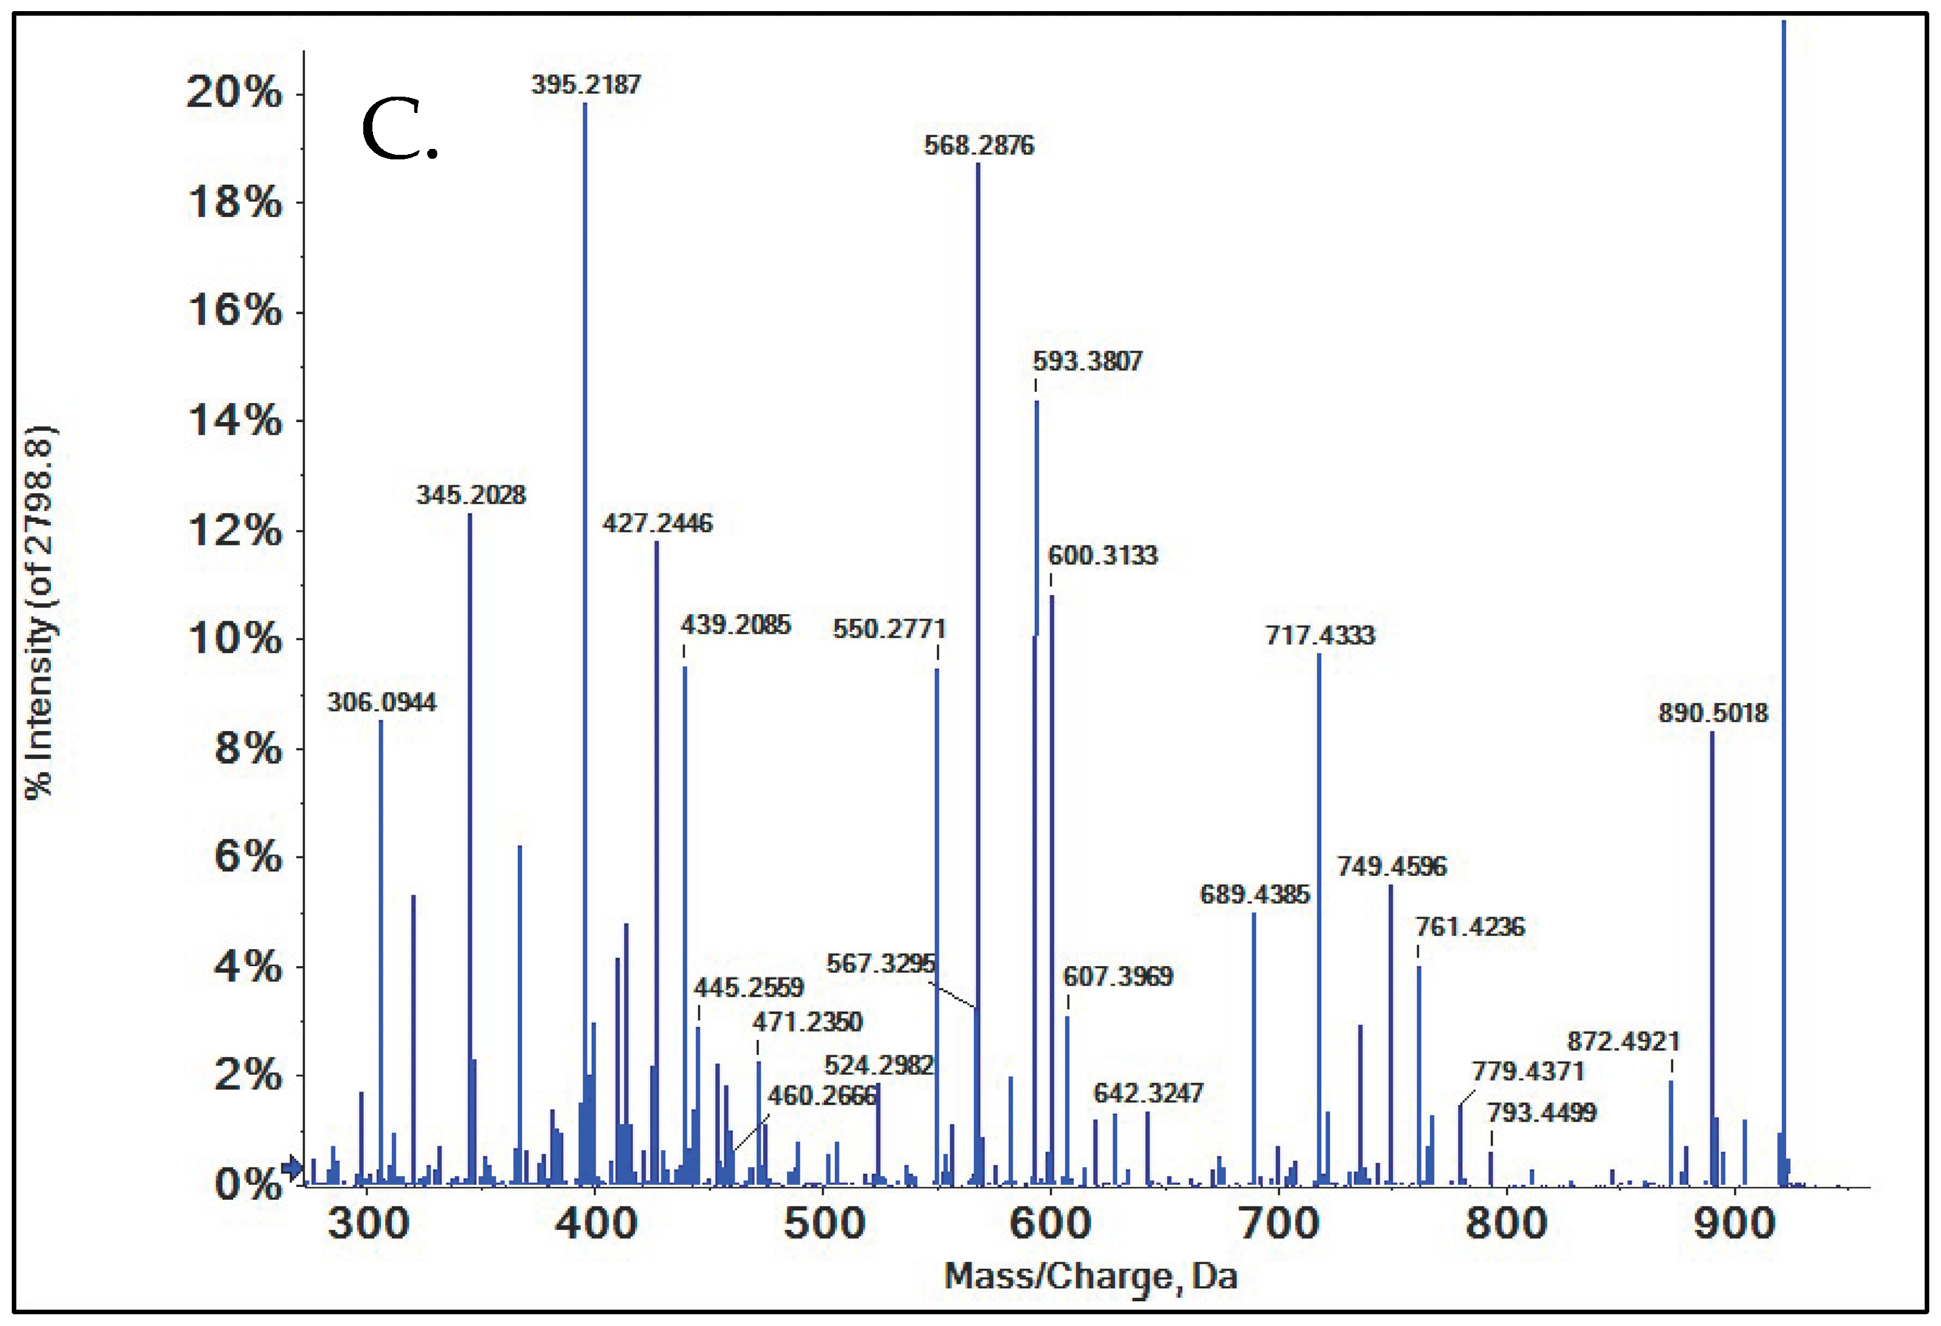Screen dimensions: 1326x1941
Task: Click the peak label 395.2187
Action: pyautogui.click(x=585, y=84)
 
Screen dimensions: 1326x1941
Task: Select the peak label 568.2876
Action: pyautogui.click(x=979, y=145)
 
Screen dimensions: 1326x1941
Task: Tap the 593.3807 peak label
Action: pyautogui.click(x=1087, y=362)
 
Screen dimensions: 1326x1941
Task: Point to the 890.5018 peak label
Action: pyautogui.click(x=1713, y=713)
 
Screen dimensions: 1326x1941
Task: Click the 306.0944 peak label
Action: pyautogui.click(x=382, y=702)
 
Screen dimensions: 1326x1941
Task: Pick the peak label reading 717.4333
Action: pyautogui.click(x=1320, y=636)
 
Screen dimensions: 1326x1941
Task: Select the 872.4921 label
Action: pyautogui.click(x=1623, y=1041)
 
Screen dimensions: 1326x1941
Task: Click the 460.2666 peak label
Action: pyautogui.click(x=822, y=1095)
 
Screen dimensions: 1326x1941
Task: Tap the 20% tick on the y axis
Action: pyautogui.click(x=234, y=92)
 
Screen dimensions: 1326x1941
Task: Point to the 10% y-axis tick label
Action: pyautogui.click(x=234, y=639)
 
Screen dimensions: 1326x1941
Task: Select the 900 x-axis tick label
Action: pyautogui.click(x=1735, y=1224)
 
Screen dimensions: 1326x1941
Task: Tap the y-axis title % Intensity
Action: pyautogui.click(x=39, y=614)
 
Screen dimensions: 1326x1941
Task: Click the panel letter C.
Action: pyautogui.click(x=399, y=134)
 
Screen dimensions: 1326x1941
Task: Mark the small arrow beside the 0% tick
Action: pyautogui.click(x=291, y=1167)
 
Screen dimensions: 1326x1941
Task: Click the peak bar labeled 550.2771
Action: pyautogui.click(x=937, y=918)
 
